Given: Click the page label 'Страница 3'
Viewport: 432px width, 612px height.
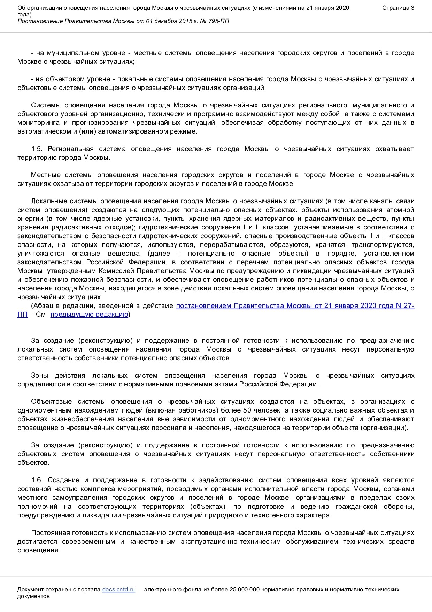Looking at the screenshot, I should (x=398, y=8).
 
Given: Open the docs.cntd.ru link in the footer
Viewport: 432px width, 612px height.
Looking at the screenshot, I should (x=118, y=590).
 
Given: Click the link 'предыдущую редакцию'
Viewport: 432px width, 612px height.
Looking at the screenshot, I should (x=89, y=315).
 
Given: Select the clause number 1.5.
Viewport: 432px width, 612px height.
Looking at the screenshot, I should (x=37, y=149).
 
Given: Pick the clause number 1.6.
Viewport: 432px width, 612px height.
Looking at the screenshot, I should (x=37, y=480).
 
